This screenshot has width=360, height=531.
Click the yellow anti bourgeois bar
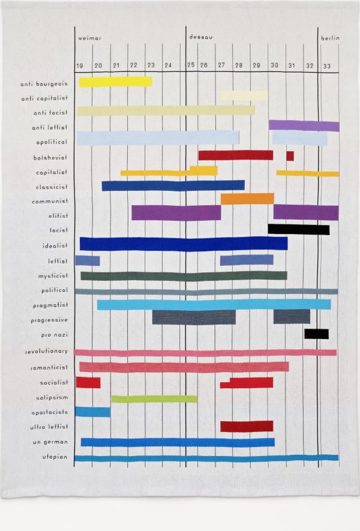click(115, 82)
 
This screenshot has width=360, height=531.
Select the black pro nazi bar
click(316, 334)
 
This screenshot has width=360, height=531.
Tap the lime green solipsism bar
click(154, 399)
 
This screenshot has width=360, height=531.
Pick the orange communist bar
click(247, 199)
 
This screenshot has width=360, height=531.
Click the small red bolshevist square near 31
click(290, 156)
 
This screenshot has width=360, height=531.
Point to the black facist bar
click(298, 229)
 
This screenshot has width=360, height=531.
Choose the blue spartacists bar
click(92, 412)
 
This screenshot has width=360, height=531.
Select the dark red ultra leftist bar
click(247, 427)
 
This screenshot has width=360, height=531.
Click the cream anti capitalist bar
click(244, 95)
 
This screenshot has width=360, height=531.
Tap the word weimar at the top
click(90, 38)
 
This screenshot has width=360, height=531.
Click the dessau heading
click(200, 37)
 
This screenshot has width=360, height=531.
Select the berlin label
click(330, 38)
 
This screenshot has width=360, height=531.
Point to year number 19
click(80, 65)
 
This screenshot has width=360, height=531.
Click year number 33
click(326, 65)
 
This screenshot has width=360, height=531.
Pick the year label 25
click(191, 65)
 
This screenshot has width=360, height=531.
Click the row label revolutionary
click(47, 350)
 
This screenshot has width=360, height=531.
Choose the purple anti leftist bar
click(304, 125)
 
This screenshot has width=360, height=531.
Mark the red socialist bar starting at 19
click(88, 382)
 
